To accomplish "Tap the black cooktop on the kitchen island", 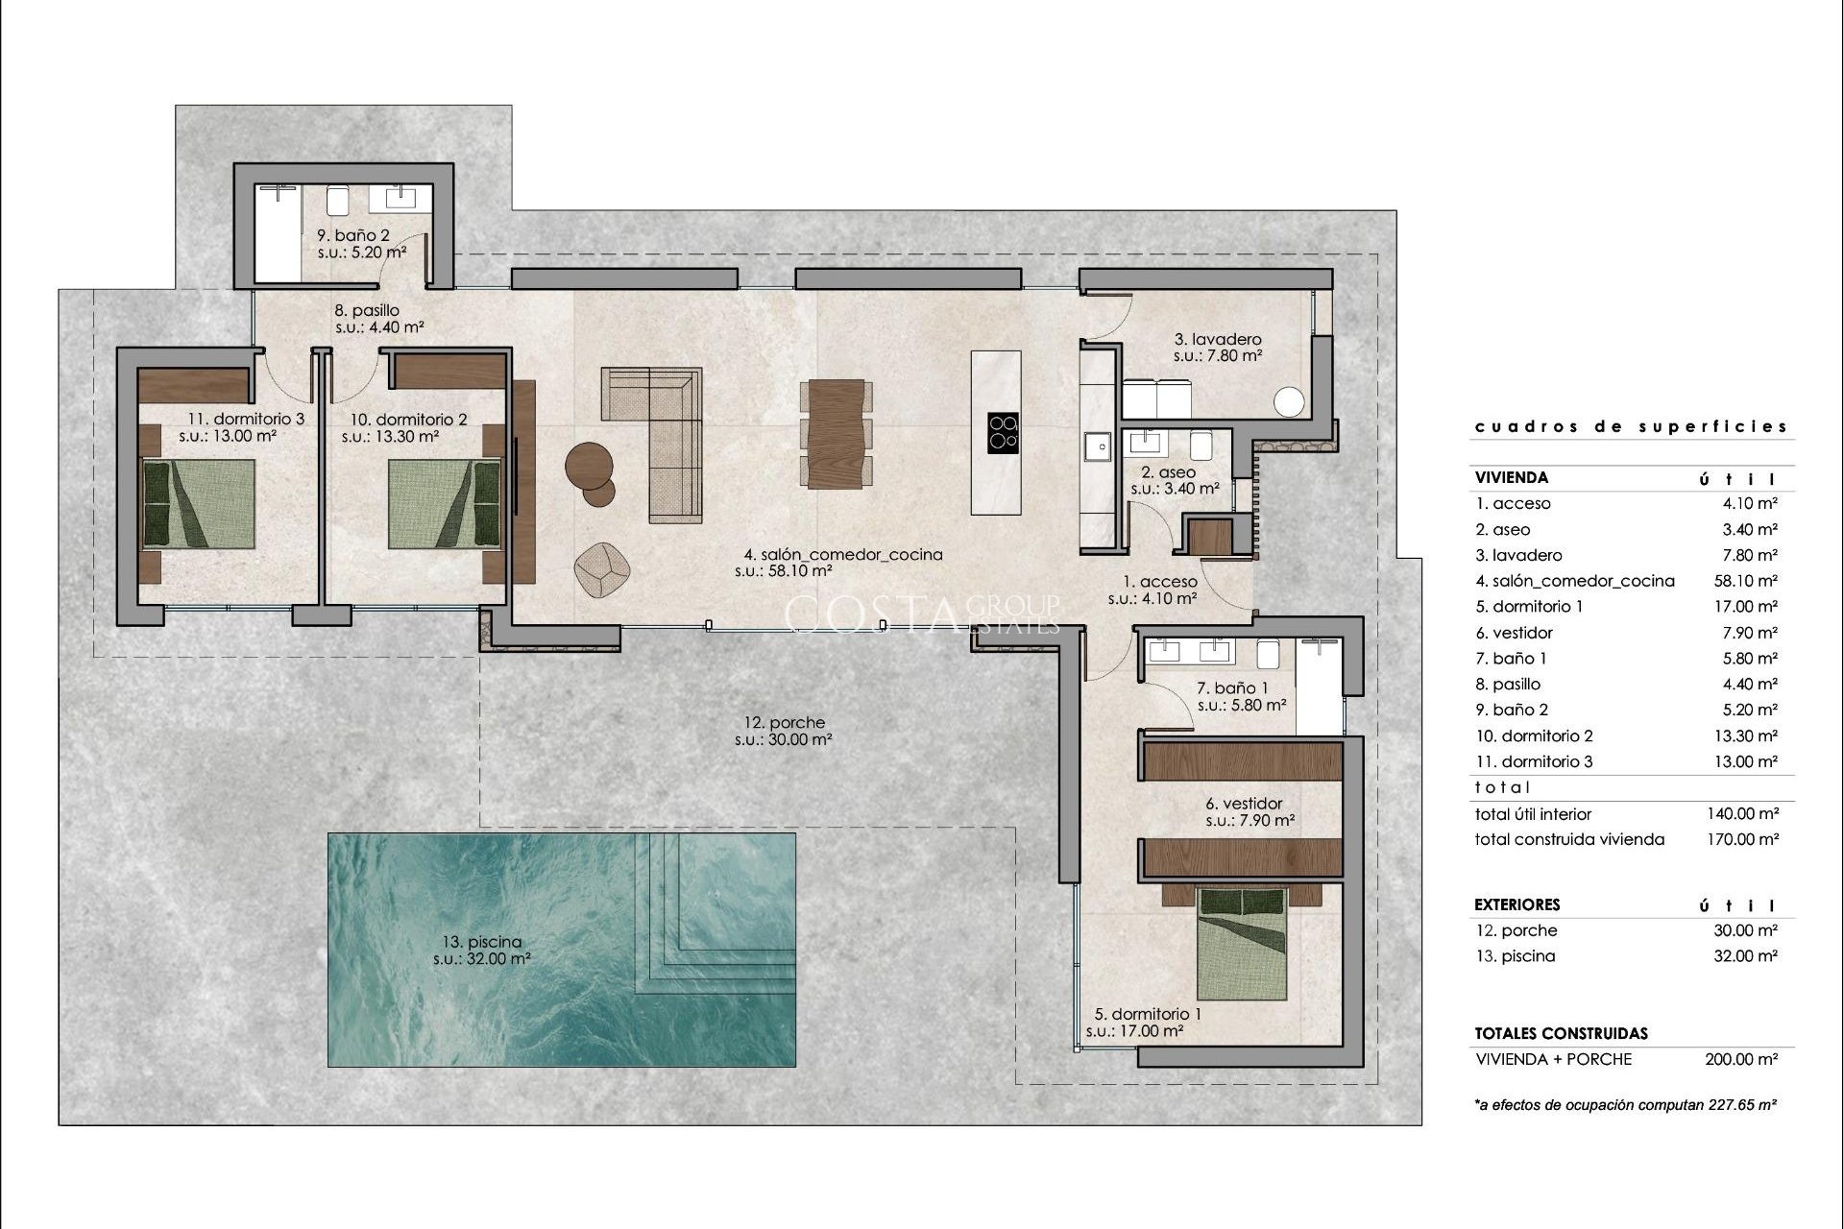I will tap(1004, 431).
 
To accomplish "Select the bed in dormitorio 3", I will tap(199, 504).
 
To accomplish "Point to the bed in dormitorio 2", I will tap(446, 504).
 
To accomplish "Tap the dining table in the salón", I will tap(836, 433).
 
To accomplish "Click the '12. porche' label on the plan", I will tap(784, 723).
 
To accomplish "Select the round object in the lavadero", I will tap(1290, 401).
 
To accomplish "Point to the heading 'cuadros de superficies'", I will tap(1631, 426).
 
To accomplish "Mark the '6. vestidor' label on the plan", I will tap(1244, 804).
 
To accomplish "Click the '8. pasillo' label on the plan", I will tap(366, 310).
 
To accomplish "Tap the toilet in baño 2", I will tap(337, 201).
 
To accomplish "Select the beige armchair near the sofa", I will tap(602, 566).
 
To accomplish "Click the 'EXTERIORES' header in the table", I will tap(1517, 904).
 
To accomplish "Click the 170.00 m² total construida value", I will tap(1742, 839).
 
